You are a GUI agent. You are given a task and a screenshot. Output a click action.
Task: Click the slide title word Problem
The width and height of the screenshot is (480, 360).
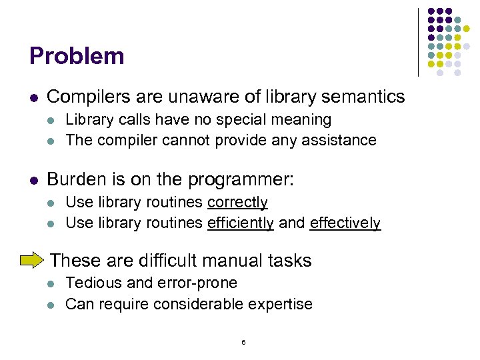coord(77,56)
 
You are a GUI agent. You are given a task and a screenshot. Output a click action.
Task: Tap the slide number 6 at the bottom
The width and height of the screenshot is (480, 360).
coord(243,342)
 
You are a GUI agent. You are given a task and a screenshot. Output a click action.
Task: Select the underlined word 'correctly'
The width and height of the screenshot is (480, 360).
coord(237,203)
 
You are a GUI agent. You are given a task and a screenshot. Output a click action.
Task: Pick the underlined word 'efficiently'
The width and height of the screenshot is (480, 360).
coord(241,223)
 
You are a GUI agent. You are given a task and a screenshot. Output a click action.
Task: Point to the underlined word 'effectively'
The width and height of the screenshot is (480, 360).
coord(345,223)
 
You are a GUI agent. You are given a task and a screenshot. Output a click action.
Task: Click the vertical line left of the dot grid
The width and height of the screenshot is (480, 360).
coord(419,41)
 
